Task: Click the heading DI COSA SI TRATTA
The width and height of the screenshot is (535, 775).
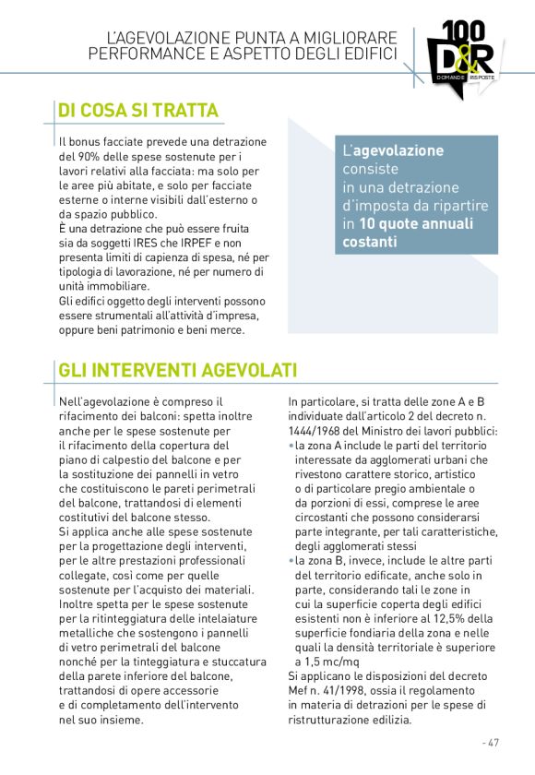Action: click(x=138, y=111)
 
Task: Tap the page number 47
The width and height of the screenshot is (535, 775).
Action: click(x=492, y=742)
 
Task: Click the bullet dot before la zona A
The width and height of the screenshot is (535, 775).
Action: click(x=291, y=446)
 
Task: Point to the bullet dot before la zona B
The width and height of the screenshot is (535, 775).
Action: click(x=291, y=560)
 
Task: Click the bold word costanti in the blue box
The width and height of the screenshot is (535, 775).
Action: click(x=370, y=242)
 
